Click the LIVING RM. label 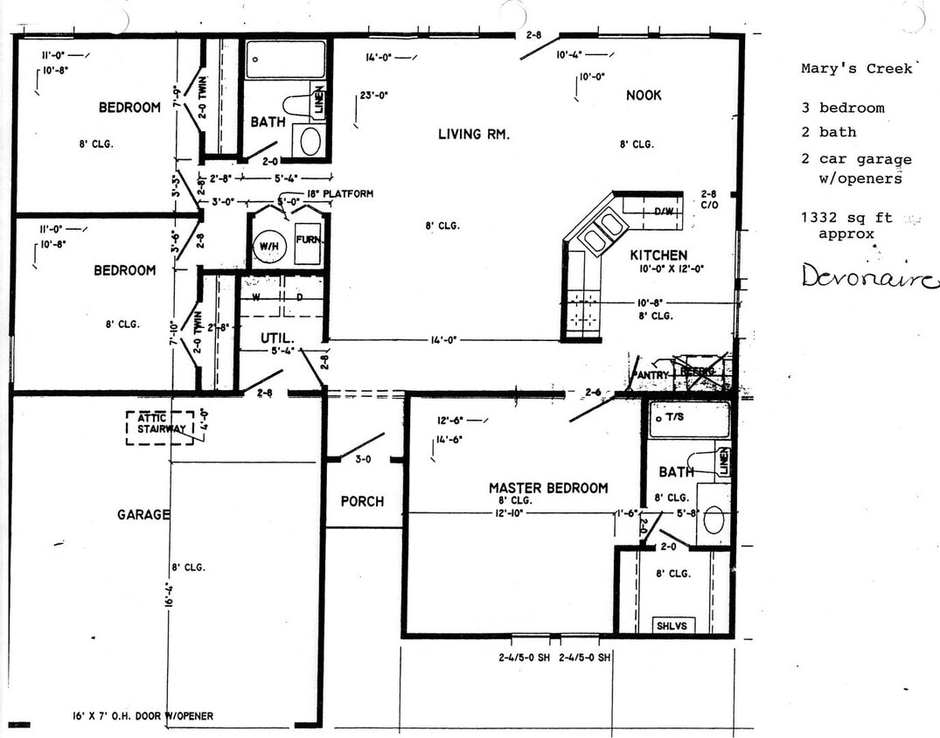(x=473, y=134)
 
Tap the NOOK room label (x=644, y=94)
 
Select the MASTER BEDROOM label (x=547, y=488)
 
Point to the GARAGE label (x=143, y=515)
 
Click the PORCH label (x=362, y=501)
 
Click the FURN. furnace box (x=309, y=240)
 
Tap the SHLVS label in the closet (x=672, y=625)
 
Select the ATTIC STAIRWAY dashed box (x=160, y=427)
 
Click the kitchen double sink (x=602, y=230)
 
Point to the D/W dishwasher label (x=664, y=211)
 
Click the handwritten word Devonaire (x=869, y=277)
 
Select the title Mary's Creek (x=857, y=69)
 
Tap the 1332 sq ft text (x=845, y=219)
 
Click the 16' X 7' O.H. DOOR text (x=143, y=715)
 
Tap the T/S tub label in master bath (x=674, y=419)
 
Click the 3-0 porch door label (x=362, y=457)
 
